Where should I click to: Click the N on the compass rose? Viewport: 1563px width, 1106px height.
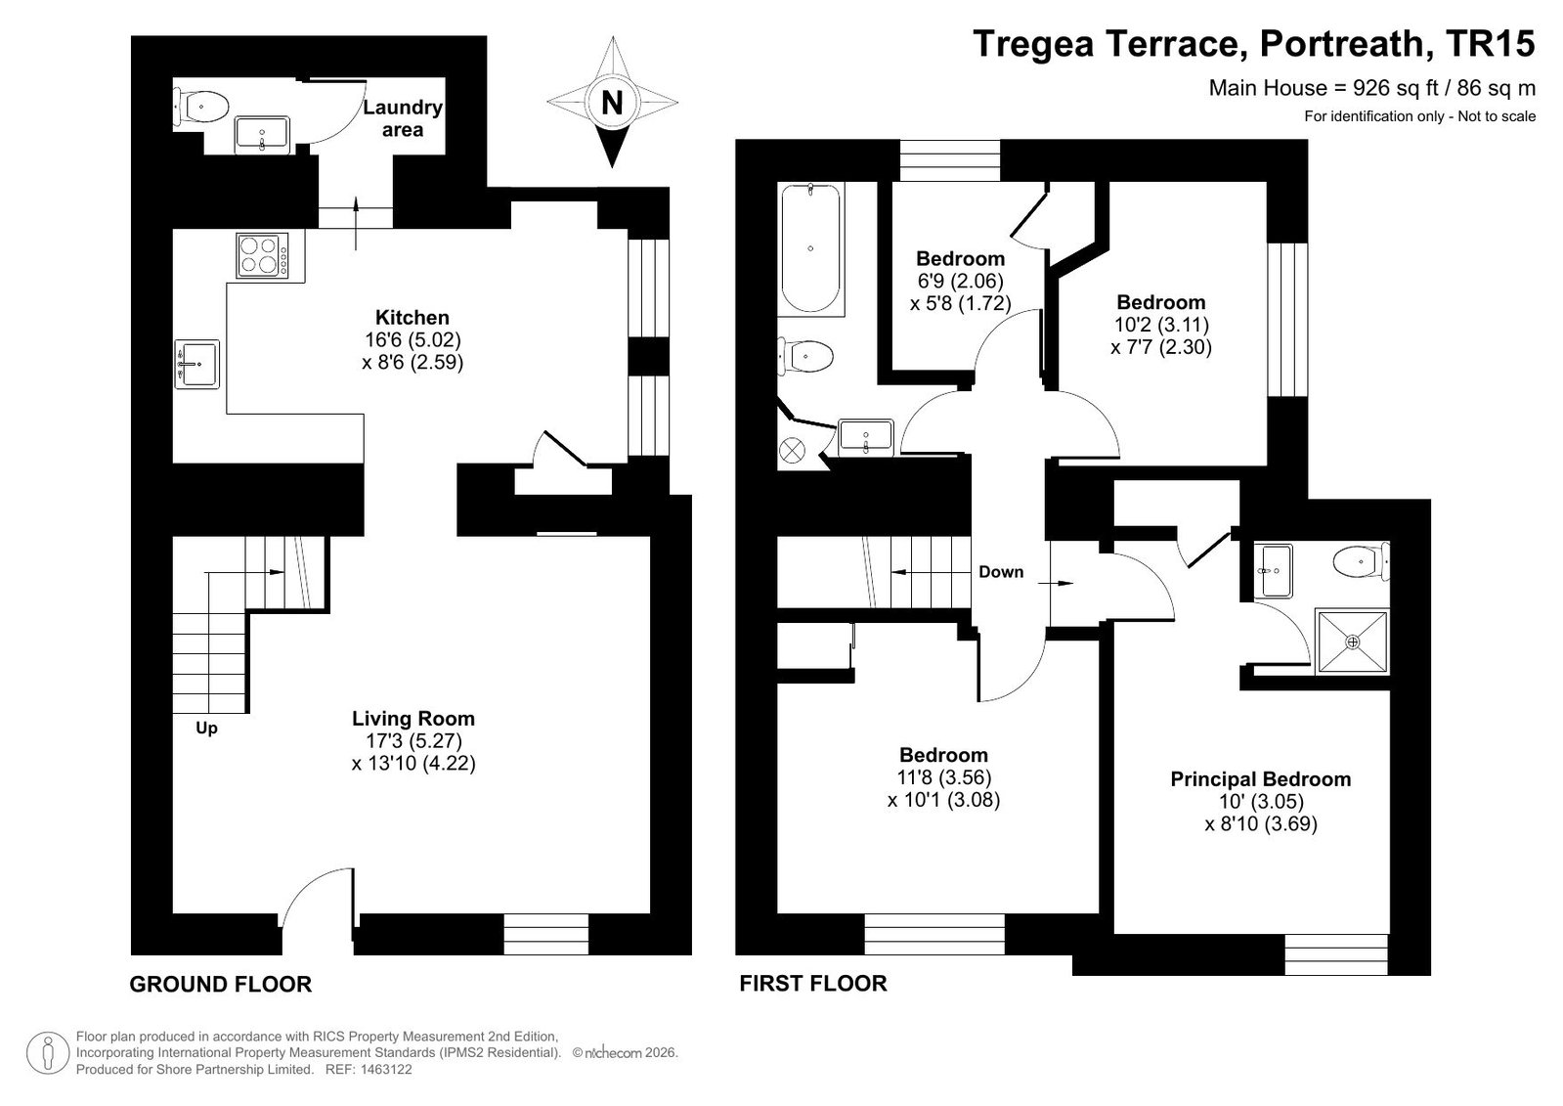pyautogui.click(x=612, y=103)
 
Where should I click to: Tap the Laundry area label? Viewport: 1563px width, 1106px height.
pyautogui.click(x=403, y=118)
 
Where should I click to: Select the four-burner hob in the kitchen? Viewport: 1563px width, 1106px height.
pyautogui.click(x=263, y=255)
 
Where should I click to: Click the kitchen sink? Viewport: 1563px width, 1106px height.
pyautogui.click(x=196, y=364)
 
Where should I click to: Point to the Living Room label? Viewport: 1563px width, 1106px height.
pyautogui.click(x=413, y=718)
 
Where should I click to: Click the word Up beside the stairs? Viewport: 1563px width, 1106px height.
pyautogui.click(x=206, y=729)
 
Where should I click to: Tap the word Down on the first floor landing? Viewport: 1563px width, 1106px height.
pyautogui.click(x=1001, y=572)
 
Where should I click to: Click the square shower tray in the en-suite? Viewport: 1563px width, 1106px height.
pyautogui.click(x=1352, y=641)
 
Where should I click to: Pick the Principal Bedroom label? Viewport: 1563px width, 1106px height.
pyautogui.click(x=1260, y=779)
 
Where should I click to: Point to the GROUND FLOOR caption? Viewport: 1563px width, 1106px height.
pyautogui.click(x=221, y=985)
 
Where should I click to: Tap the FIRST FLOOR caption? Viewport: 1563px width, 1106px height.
pyautogui.click(x=813, y=984)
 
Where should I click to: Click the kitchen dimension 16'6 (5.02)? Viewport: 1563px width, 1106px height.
pyautogui.click(x=413, y=340)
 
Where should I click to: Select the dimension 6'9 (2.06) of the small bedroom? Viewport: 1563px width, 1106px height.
pyautogui.click(x=960, y=282)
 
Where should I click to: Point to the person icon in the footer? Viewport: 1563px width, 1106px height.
pyautogui.click(x=48, y=1053)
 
